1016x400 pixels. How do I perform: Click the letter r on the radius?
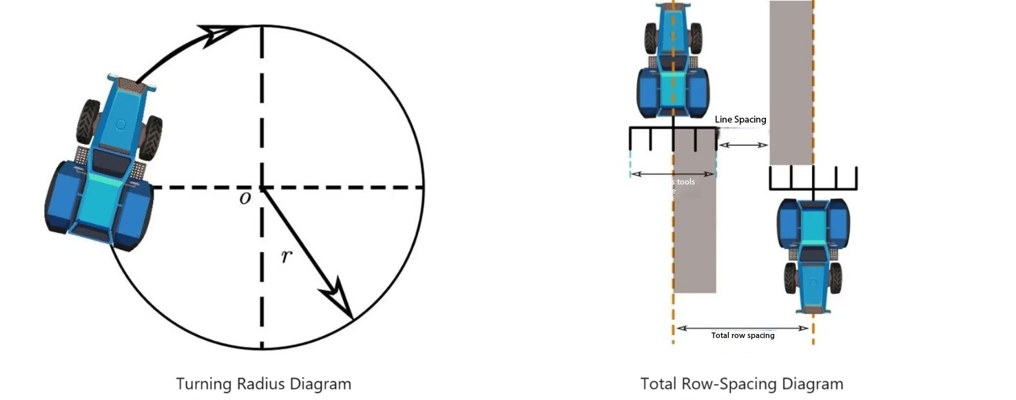[x=287, y=257]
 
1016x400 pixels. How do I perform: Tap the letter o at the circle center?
[x=245, y=198]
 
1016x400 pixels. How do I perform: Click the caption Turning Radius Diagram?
[x=263, y=383]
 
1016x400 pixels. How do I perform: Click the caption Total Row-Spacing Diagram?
[x=741, y=383]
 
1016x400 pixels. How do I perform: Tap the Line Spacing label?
[x=740, y=120]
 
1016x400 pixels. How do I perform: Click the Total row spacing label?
[x=743, y=335]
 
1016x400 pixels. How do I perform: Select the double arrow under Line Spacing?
[x=743, y=145]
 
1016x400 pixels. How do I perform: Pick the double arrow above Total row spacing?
[x=743, y=328]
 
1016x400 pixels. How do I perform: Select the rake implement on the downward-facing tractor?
[x=813, y=178]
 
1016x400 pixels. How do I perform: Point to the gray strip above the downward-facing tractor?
[x=791, y=83]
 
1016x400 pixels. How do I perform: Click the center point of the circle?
[x=261, y=187]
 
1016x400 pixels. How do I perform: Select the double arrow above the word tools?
[x=673, y=174]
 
